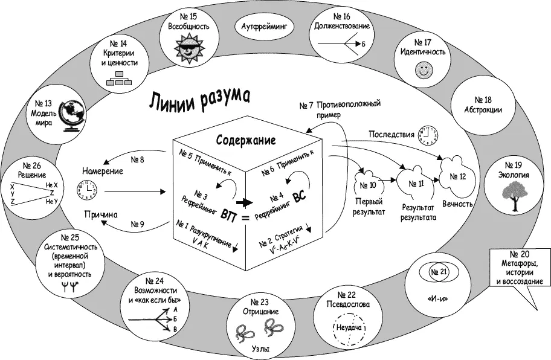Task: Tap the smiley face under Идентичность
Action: [x=422, y=70]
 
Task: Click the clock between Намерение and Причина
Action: [x=86, y=190]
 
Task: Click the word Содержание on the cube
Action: [x=246, y=141]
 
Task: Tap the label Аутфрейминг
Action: [x=266, y=27]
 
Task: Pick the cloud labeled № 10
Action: [x=369, y=181]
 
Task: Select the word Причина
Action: [x=100, y=213]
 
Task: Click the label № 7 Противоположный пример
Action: [x=343, y=108]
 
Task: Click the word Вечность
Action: [x=458, y=204]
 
